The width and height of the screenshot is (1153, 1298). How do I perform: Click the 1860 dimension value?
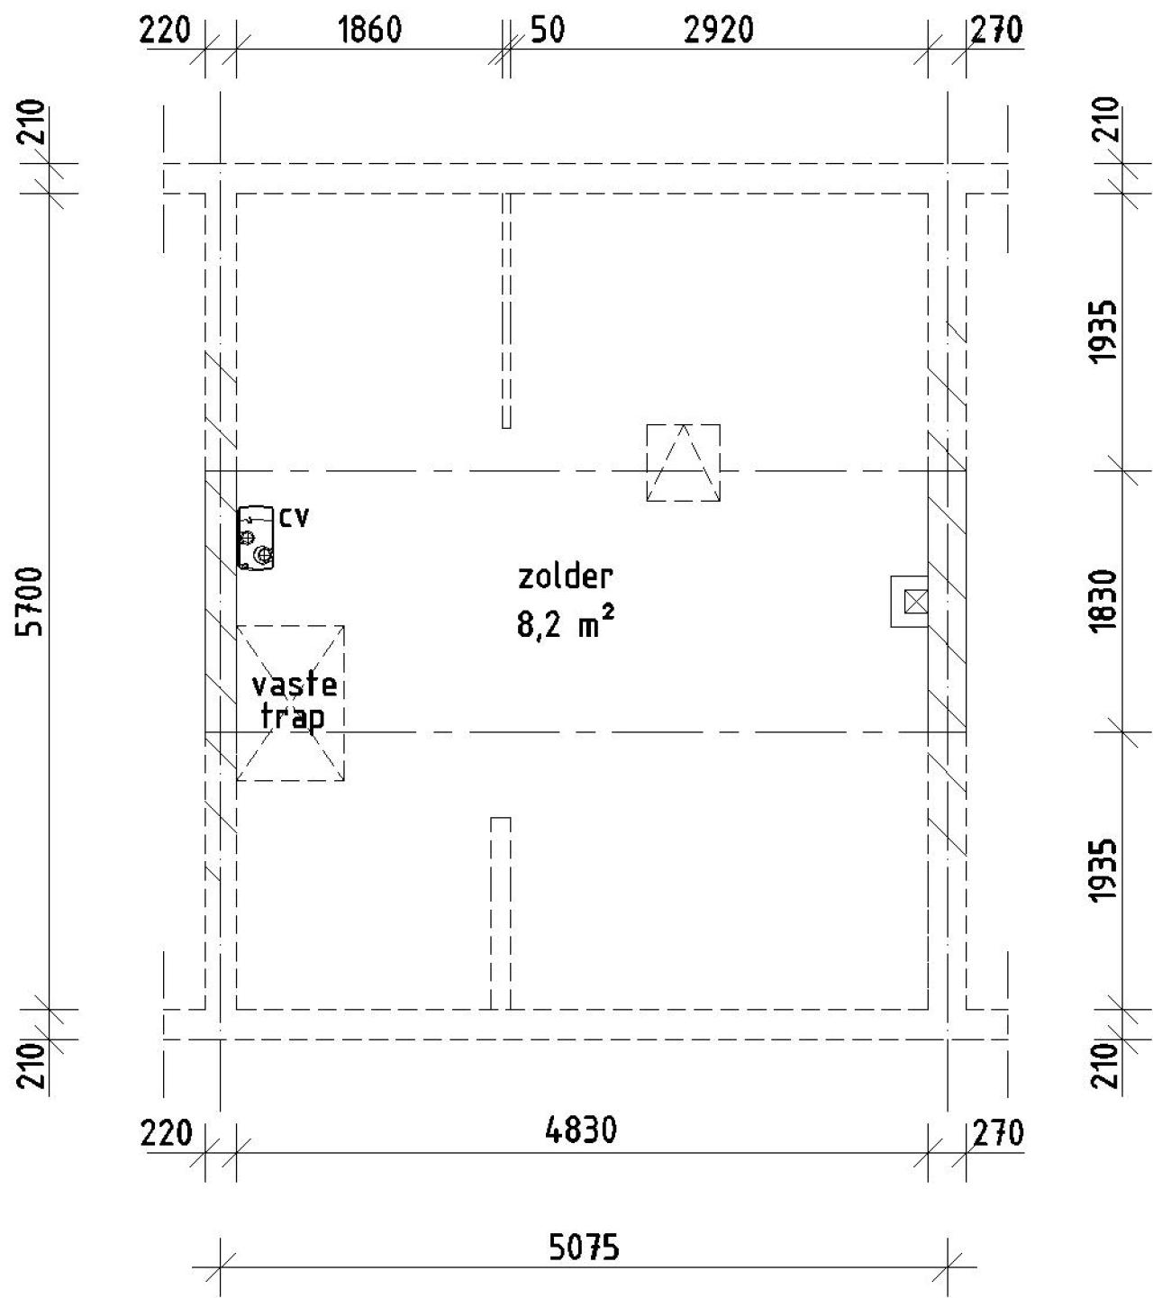pyautogui.click(x=369, y=31)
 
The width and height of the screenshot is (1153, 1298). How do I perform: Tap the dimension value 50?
pyautogui.click(x=547, y=31)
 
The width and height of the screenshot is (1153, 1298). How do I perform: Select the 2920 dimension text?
pyautogui.click(x=718, y=31)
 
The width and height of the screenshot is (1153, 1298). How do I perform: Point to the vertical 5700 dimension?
pyautogui.click(x=33, y=601)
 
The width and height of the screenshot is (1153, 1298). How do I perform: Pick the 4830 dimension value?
pyautogui.click(x=581, y=1130)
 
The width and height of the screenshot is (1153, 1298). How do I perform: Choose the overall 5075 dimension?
pyautogui.click(x=585, y=1248)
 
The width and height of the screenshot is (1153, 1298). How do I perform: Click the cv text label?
pyautogui.click(x=294, y=518)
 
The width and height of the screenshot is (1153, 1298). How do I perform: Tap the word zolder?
pyautogui.click(x=566, y=576)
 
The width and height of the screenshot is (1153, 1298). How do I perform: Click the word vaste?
pyautogui.click(x=294, y=685)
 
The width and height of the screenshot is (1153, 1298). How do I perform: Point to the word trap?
pyautogui.click(x=292, y=718)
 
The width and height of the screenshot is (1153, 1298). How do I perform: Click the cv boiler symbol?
pyautogui.click(x=256, y=538)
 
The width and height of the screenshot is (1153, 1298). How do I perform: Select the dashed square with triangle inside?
pyautogui.click(x=683, y=462)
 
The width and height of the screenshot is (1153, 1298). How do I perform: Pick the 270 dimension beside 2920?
pyautogui.click(x=997, y=31)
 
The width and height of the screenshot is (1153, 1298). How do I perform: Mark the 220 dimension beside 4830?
pyautogui.click(x=168, y=1132)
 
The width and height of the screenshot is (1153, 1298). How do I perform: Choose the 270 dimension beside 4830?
pyautogui.click(x=997, y=1132)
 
